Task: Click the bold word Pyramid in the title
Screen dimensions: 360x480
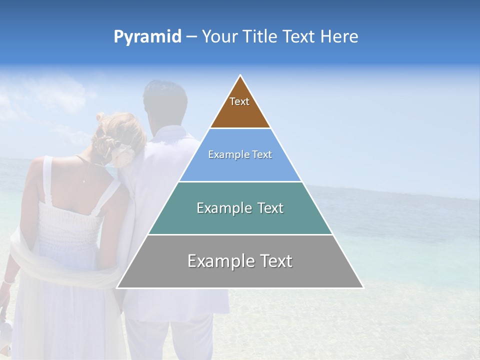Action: click(x=147, y=37)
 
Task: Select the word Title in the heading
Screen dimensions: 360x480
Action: click(x=259, y=37)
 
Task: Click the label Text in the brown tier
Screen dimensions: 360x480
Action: click(x=239, y=101)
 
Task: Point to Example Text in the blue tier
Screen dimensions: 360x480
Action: click(x=240, y=155)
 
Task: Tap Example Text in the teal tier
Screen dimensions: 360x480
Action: click(x=240, y=208)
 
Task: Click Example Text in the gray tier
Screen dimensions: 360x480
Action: click(x=240, y=261)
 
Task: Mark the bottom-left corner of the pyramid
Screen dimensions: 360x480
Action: click(x=117, y=287)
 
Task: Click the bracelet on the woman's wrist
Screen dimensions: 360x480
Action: click(x=7, y=282)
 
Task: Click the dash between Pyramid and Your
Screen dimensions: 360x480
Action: click(x=191, y=37)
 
